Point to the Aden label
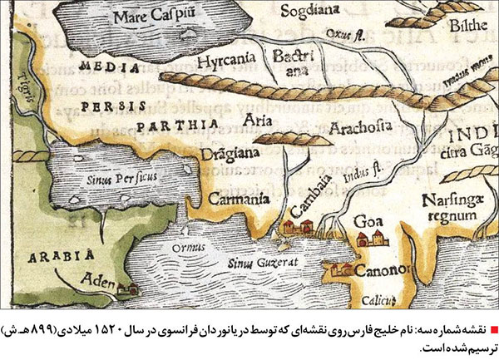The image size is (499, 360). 97,282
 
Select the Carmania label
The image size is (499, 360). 232,199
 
